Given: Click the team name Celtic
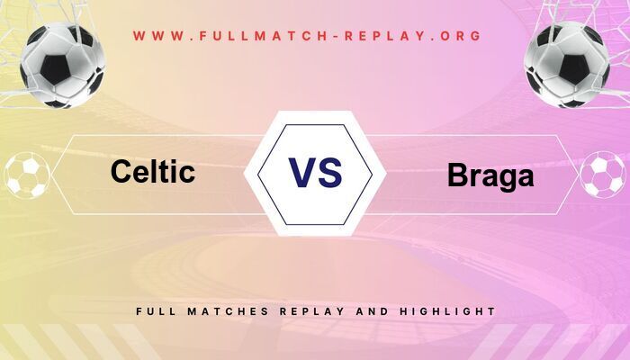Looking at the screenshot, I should pos(153,171).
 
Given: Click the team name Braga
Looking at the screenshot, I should pos(490,176).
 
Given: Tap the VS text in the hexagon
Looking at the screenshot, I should pos(315,172).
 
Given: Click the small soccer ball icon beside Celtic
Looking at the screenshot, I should pos(27,175).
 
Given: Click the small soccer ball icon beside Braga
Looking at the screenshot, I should pos(601,175).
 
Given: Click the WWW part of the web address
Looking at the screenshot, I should pos(158,37).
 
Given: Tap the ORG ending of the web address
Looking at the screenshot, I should pos(460,37).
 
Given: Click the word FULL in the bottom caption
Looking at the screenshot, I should pos(156,311).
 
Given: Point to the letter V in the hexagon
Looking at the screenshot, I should pos(301,172).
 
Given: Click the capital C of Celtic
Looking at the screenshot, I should pos(121,171).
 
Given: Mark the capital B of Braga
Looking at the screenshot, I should pos(457,176).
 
